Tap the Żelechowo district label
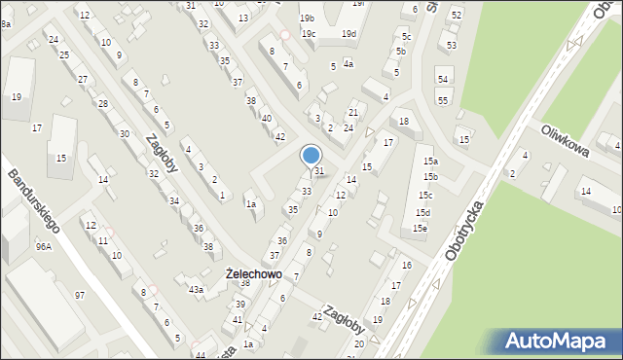click(x=253, y=274)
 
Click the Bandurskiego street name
click(x=35, y=201)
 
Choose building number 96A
click(x=44, y=247)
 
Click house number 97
click(x=80, y=295)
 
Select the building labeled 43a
click(x=197, y=290)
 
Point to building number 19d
click(x=348, y=34)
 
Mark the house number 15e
click(x=419, y=229)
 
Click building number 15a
click(x=429, y=162)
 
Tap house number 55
click(x=443, y=100)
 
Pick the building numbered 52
click(x=456, y=16)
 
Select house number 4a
click(x=348, y=64)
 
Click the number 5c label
click(x=407, y=37)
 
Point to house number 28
click(x=102, y=103)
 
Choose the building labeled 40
click(x=266, y=119)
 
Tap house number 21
click(x=354, y=114)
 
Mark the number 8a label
click(x=6, y=23)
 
